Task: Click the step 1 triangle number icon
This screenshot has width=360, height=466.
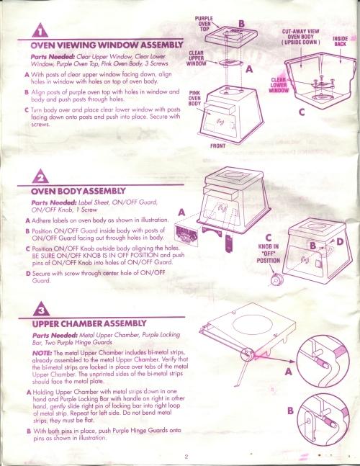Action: [x=40, y=31]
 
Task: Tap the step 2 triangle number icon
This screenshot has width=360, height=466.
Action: [x=41, y=176]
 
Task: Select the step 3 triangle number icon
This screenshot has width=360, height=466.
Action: [x=41, y=309]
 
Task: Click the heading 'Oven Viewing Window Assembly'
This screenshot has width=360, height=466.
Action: [x=107, y=45]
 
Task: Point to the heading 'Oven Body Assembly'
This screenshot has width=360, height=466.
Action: [x=78, y=191]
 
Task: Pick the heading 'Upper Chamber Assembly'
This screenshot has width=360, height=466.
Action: [x=89, y=323]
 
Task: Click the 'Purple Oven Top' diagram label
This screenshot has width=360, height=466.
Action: [x=204, y=24]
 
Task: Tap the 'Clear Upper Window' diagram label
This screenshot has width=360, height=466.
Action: [x=197, y=58]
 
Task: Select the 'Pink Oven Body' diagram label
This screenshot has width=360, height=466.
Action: [x=194, y=99]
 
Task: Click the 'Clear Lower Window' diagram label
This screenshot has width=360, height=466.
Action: [x=279, y=85]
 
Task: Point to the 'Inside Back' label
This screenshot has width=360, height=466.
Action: [x=340, y=41]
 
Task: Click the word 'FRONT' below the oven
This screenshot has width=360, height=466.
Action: [x=217, y=146]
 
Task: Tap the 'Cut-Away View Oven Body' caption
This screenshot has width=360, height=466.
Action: [x=300, y=37]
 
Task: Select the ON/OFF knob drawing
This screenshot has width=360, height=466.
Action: [x=277, y=280]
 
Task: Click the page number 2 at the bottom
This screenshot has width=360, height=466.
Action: [x=186, y=457]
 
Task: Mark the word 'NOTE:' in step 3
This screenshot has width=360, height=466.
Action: [x=42, y=353]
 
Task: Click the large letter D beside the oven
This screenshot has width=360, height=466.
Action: [x=340, y=242]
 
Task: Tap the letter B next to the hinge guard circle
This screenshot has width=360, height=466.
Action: [x=290, y=411]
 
